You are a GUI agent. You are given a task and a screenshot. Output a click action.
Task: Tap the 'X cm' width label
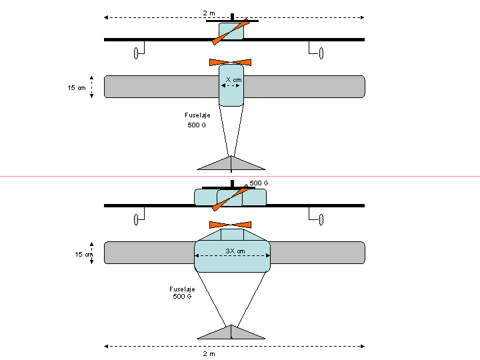(x=233, y=79)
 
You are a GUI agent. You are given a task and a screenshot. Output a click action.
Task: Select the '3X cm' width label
(x=233, y=251)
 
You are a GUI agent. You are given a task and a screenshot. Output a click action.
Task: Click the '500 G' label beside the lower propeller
(x=259, y=183)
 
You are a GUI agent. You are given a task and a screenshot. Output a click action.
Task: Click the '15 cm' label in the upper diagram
(x=76, y=87)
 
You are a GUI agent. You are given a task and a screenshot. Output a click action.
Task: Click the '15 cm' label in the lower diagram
(x=83, y=254)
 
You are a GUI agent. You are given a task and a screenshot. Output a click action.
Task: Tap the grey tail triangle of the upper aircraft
(x=231, y=164)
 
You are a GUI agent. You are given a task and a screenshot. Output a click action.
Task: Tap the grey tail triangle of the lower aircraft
(x=231, y=333)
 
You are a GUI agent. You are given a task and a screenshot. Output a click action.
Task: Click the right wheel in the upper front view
(x=321, y=53)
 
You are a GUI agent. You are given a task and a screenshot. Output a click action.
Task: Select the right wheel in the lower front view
(x=321, y=219)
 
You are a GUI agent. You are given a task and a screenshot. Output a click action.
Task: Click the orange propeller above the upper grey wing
(x=231, y=62)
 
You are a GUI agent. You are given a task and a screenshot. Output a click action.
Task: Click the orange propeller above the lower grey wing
(x=231, y=225)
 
